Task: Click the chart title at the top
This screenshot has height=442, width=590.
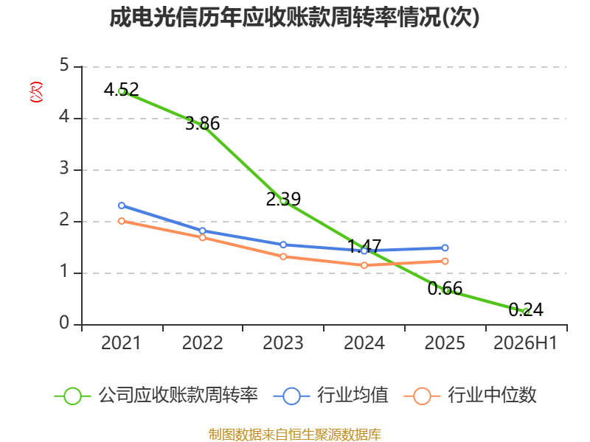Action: click(x=294, y=17)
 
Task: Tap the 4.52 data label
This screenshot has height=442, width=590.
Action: click(x=121, y=89)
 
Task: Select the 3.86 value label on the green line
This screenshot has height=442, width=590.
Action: click(x=202, y=123)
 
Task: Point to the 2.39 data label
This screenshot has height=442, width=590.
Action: click(x=283, y=199)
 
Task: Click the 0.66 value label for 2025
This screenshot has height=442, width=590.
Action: click(x=445, y=288)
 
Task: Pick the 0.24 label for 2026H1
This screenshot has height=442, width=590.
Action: click(x=526, y=309)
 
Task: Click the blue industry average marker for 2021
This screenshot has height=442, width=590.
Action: click(x=122, y=206)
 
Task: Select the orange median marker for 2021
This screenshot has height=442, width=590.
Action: click(x=122, y=221)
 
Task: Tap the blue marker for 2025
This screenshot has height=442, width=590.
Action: click(x=445, y=248)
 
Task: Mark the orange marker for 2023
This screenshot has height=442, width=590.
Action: click(x=283, y=256)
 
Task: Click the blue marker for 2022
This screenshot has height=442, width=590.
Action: click(x=202, y=231)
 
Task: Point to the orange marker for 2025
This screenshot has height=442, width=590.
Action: click(x=445, y=262)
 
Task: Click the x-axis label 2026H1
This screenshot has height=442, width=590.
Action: click(x=525, y=343)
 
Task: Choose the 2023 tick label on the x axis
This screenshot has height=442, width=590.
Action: click(x=283, y=343)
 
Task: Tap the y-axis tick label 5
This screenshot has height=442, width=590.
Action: click(x=64, y=65)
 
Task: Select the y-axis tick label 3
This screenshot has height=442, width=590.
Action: click(x=64, y=168)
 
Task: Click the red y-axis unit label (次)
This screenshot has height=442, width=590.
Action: click(x=36, y=92)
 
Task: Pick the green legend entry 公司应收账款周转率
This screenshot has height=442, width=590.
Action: click(x=156, y=396)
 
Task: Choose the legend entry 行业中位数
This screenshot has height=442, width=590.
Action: click(x=470, y=396)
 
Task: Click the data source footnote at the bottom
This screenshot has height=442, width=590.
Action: click(x=295, y=435)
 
